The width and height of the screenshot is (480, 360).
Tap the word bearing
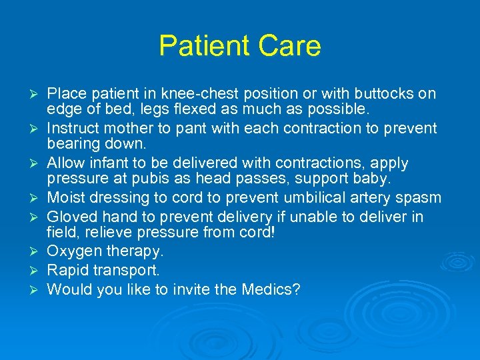pos(71,143)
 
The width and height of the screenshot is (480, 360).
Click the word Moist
pos(66,197)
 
